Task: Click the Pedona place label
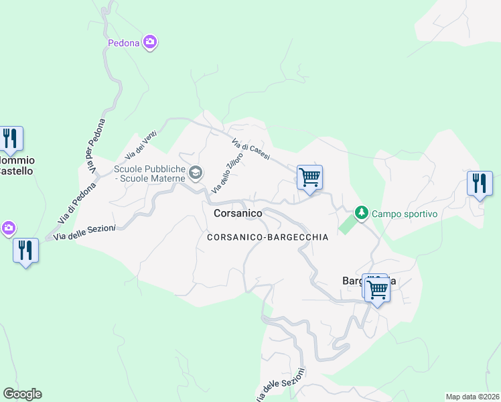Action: [123, 44]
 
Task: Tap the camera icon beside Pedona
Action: [150, 43]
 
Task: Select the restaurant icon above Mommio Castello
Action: [11, 139]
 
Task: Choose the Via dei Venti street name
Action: [145, 141]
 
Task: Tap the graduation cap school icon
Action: [195, 174]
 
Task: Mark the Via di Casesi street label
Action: [250, 149]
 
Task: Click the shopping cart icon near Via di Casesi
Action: [309, 178]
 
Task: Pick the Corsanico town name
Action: [238, 213]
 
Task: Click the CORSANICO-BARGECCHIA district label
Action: [267, 237]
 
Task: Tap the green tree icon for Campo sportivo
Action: [362, 213]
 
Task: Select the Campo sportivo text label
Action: [405, 214]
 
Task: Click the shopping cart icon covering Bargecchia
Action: [377, 290]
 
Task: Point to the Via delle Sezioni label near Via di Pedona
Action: [84, 232]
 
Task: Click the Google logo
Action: [22, 394]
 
